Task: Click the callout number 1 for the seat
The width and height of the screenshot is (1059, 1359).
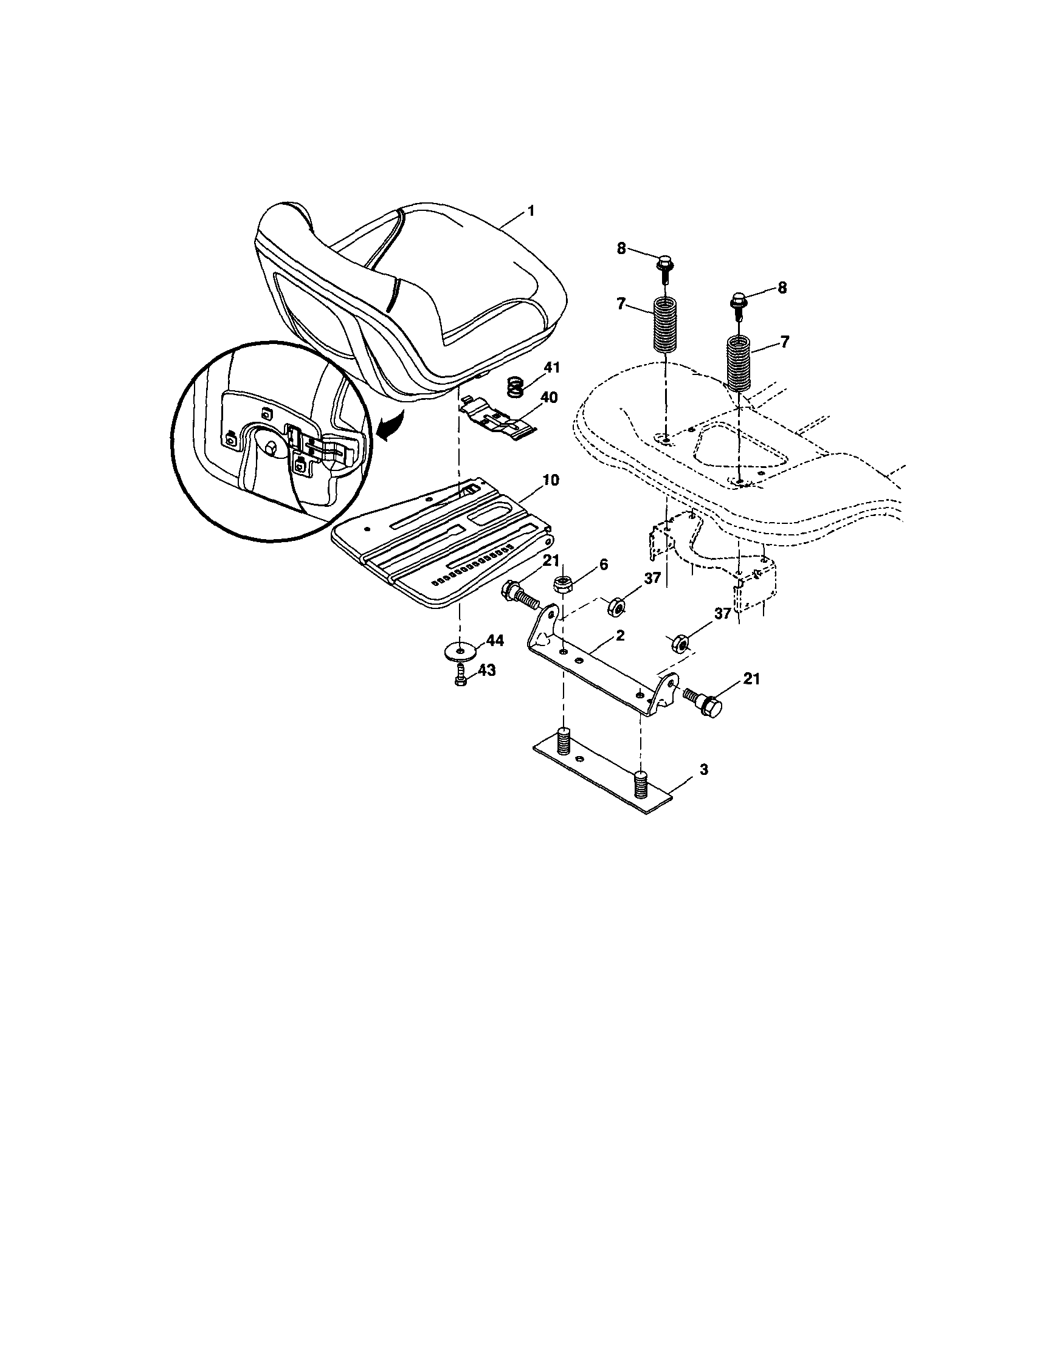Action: (x=531, y=212)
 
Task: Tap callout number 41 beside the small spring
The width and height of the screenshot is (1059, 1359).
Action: (x=550, y=368)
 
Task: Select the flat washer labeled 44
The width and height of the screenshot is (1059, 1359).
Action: (x=460, y=650)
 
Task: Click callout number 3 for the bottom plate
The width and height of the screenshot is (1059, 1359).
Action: (x=703, y=769)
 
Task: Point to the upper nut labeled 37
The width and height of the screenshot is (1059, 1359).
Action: (x=615, y=605)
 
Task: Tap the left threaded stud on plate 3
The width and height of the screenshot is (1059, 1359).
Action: (x=564, y=739)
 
